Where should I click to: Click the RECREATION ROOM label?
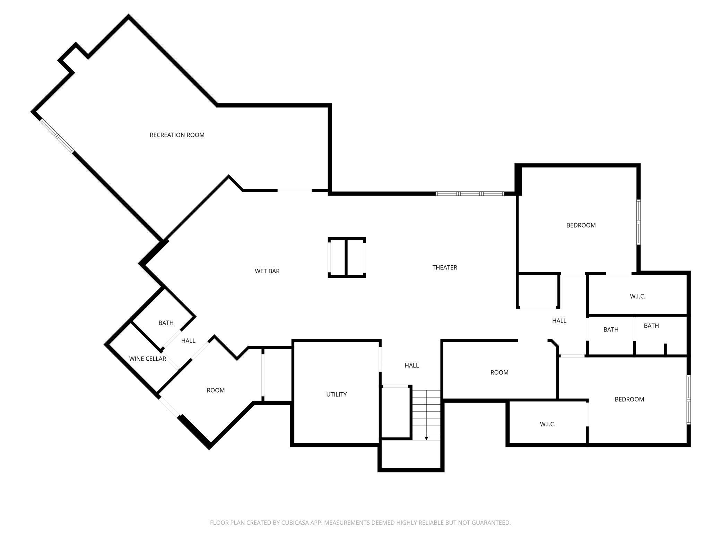pos(177,135)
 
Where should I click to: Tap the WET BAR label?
pos(267,271)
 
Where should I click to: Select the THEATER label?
pos(445,267)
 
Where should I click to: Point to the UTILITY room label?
pos(336,394)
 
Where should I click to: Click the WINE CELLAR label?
pos(148,359)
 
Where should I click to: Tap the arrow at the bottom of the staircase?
pos(426,439)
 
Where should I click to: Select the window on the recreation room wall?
pos(57,136)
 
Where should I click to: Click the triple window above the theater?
pos(470,194)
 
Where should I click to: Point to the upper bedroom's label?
pos(581,225)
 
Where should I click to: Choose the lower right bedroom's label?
pos(629,400)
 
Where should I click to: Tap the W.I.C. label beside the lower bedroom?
pos(548,424)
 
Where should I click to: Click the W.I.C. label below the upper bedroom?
pos(638,297)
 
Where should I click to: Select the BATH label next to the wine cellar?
pos(166,323)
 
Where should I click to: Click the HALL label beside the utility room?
pos(412,365)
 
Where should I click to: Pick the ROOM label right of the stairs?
pos(500,372)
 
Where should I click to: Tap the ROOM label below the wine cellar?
pos(216,390)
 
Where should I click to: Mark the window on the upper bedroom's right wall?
pos(639,222)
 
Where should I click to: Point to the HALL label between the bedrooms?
pos(559,321)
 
